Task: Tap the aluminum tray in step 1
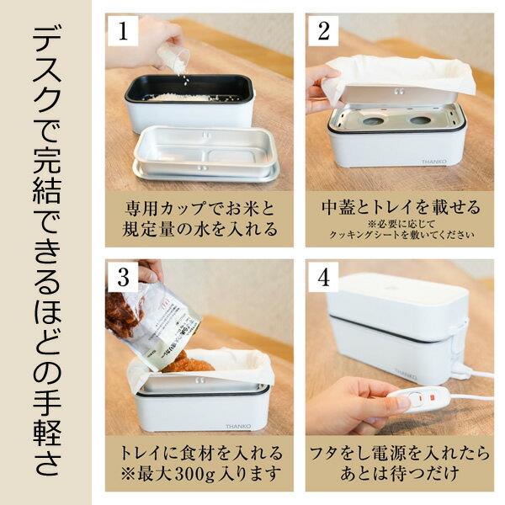[206, 156]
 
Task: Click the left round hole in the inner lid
[368, 121]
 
